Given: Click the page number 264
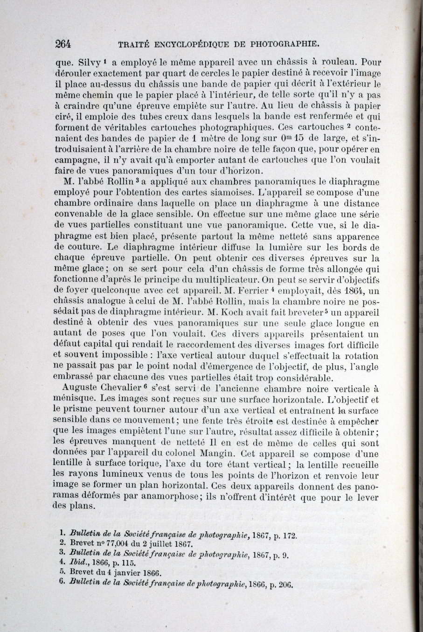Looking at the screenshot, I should coord(62,44).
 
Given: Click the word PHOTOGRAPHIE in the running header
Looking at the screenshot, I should coord(285,45).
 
